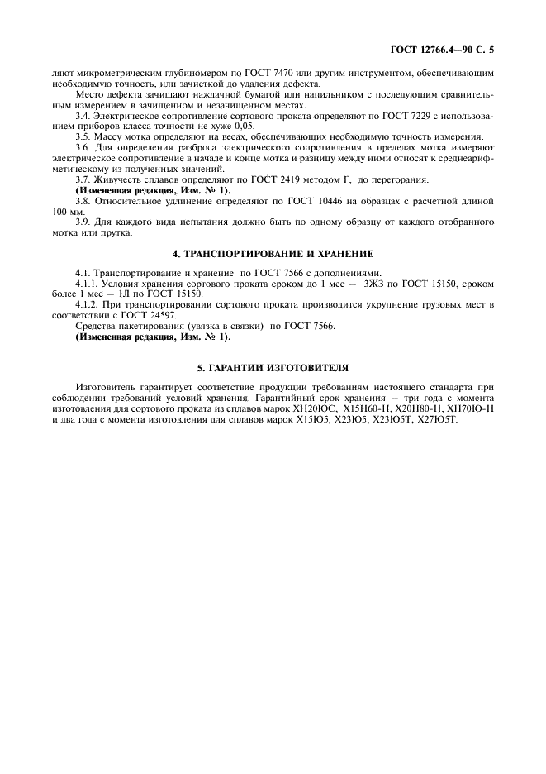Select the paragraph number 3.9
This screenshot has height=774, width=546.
pos(83,222)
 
